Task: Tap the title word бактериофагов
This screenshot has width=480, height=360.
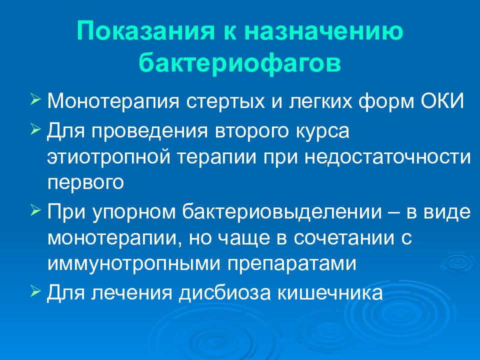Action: pyautogui.click(x=240, y=64)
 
